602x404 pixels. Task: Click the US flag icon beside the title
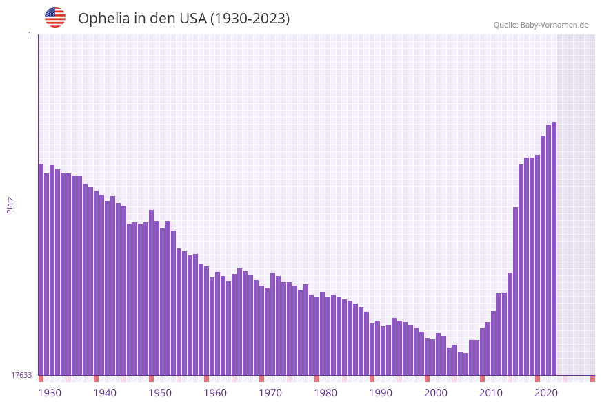point(55,17)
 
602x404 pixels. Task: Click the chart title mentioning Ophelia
point(183,19)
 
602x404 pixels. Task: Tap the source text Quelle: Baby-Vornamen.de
point(541,25)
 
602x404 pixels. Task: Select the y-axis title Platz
point(10,204)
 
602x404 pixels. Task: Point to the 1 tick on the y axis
point(30,34)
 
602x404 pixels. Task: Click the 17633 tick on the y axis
point(21,375)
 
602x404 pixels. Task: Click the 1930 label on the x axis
point(50,393)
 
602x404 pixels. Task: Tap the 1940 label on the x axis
point(105,393)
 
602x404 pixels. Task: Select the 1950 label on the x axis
point(160,393)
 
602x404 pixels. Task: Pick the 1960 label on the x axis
point(215,393)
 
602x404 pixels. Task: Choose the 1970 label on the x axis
point(270,393)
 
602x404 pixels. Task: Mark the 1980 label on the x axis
point(325,393)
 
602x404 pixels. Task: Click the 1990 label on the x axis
point(381,393)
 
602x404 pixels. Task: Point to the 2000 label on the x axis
point(436,393)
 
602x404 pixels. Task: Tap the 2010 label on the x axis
point(491,393)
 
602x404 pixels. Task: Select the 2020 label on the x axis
point(546,393)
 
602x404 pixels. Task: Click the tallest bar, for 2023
point(554,248)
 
